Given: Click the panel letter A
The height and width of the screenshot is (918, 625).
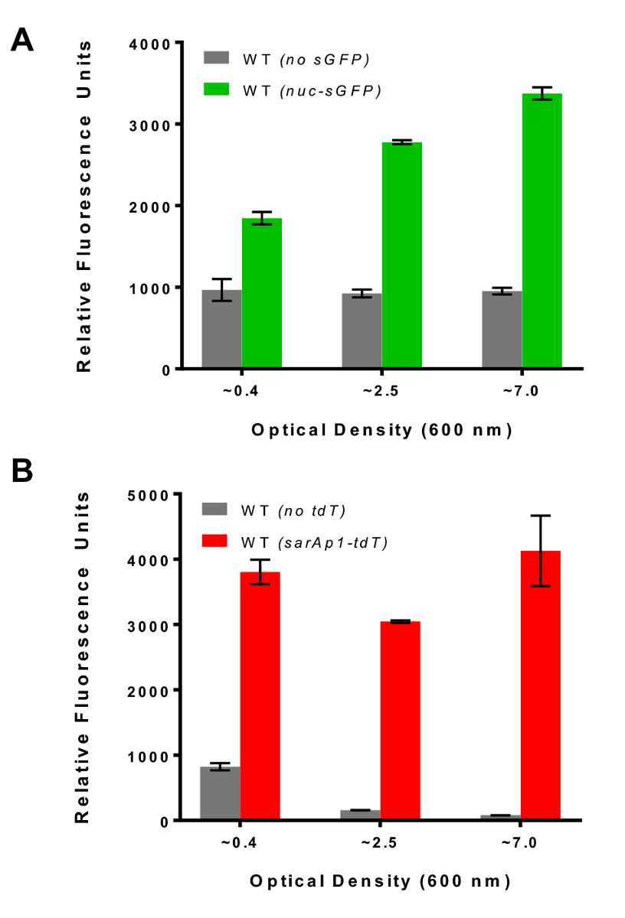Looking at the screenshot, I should click(22, 38).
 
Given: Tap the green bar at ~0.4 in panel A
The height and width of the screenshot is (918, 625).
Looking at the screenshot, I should click(262, 294).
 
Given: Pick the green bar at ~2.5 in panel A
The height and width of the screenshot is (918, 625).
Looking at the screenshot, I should click(402, 256).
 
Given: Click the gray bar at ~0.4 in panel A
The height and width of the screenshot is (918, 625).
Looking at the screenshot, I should click(221, 330).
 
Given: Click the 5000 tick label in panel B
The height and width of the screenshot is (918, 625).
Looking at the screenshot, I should click(150, 495).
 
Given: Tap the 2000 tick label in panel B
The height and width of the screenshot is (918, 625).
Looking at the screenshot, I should click(150, 690).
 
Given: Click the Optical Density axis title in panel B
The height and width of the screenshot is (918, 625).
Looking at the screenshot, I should click(380, 881).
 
